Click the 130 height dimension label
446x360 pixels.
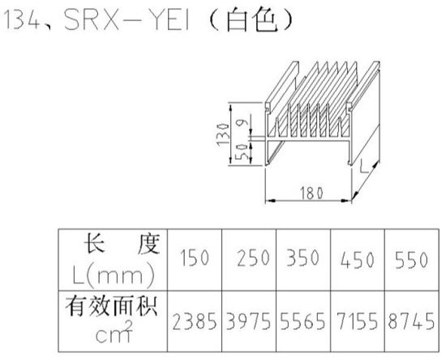(223, 135)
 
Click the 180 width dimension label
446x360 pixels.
(311, 193)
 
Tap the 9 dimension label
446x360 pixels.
(245, 123)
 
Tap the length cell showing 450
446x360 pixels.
(358, 259)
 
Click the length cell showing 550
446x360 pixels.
(411, 259)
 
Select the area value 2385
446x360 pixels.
(195, 321)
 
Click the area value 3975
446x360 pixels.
(249, 321)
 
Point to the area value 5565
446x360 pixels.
(302, 321)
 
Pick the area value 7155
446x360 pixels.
(358, 321)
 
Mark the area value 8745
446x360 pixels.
(411, 321)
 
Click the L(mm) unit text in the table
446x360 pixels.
(114, 275)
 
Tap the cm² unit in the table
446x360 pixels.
(114, 332)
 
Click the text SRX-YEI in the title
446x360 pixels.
(127, 19)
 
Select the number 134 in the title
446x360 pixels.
(23, 19)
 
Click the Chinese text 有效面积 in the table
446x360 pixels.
(112, 306)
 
